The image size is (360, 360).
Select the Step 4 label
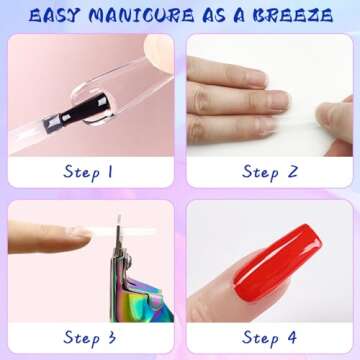tap(267, 336)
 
